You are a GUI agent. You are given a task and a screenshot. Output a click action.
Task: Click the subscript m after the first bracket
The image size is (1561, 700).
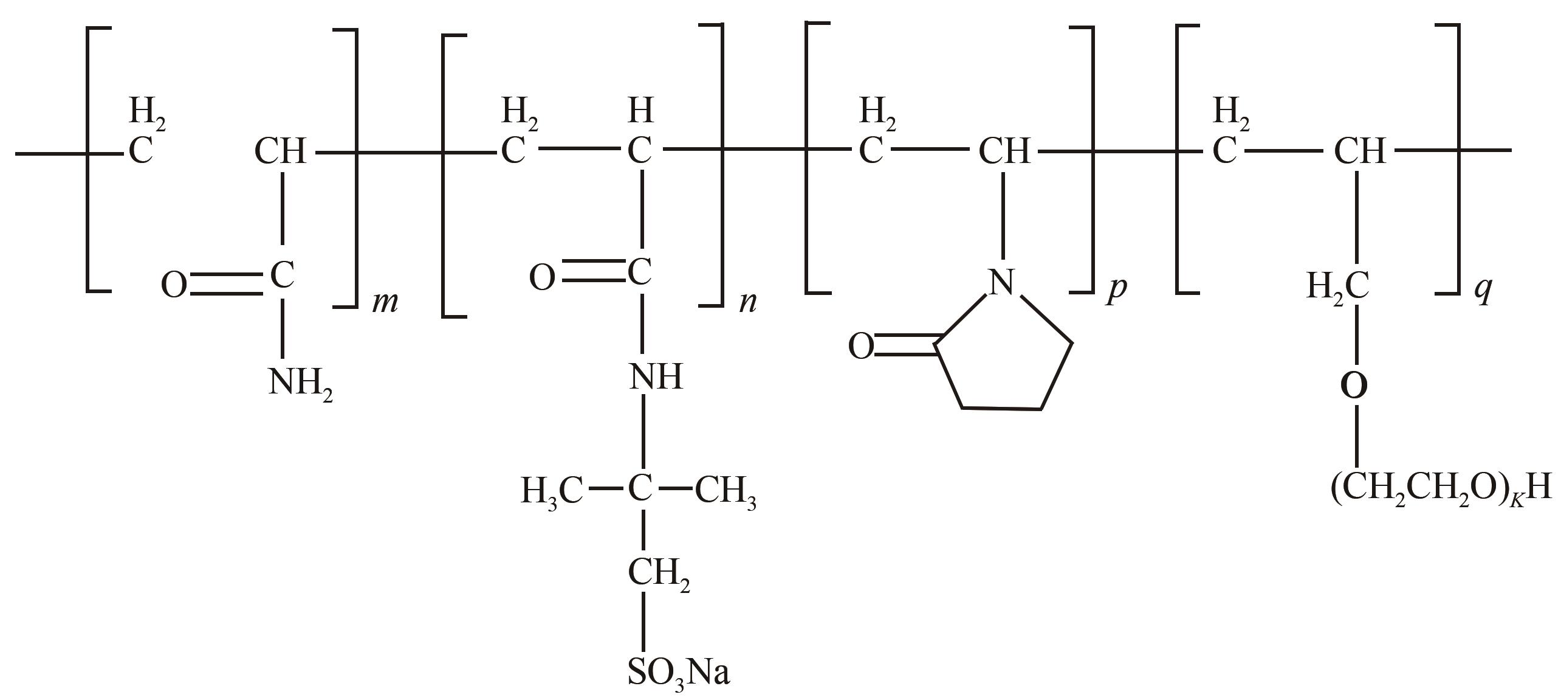(385, 301)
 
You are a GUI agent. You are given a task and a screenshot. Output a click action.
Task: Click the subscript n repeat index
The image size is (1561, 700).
(748, 301)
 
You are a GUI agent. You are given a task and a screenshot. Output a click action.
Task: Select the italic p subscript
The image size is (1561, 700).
(1117, 289)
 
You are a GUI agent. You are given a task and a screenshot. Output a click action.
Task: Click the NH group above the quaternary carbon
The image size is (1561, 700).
(656, 376)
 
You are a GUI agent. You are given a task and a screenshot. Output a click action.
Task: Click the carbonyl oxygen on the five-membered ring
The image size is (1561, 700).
(861, 347)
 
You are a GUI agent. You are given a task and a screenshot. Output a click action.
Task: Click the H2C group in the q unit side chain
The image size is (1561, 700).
(1338, 286)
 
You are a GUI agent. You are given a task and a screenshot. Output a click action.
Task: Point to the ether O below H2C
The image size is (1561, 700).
(1354, 385)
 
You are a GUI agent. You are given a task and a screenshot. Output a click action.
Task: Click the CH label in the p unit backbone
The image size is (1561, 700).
(1004, 151)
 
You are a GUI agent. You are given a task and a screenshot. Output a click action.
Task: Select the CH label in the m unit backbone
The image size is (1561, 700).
(280, 151)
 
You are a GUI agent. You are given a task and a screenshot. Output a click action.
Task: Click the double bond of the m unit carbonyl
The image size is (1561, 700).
(229, 285)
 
